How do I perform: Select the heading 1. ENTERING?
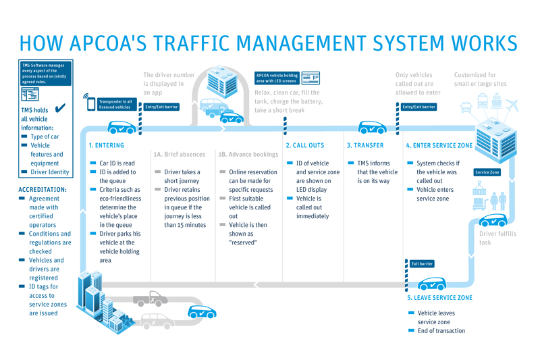coord(107,145)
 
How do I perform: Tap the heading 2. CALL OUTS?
coord(304,145)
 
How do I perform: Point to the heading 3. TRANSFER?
coord(364,145)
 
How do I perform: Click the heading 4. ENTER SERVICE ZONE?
coord(439,145)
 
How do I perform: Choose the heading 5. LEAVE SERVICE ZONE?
coord(439,298)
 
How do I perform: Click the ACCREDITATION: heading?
coord(43,190)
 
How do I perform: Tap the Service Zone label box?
coord(487,172)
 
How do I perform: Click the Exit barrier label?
coord(422,263)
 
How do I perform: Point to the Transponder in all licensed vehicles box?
coord(115,104)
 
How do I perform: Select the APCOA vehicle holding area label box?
coord(277,78)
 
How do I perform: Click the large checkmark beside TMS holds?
coord(59,109)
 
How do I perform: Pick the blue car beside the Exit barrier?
coord(431,284)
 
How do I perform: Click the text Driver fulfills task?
coord(498,238)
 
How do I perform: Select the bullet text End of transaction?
coord(441,331)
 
